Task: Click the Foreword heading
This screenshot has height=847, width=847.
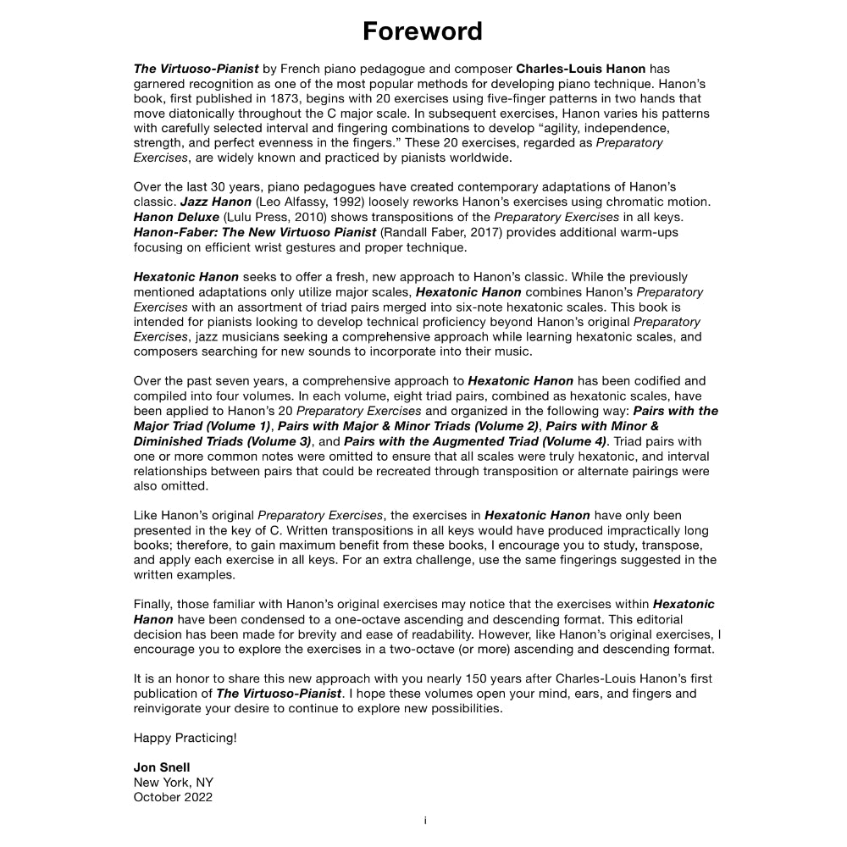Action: pos(423,31)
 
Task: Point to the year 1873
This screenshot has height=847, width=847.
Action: pos(287,98)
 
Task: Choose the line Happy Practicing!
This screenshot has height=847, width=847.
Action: pos(185,738)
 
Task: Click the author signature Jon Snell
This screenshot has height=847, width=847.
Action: pos(162,767)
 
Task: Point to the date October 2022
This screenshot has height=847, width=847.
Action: pos(173,797)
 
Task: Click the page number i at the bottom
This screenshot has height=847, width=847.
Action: pos(424,821)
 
